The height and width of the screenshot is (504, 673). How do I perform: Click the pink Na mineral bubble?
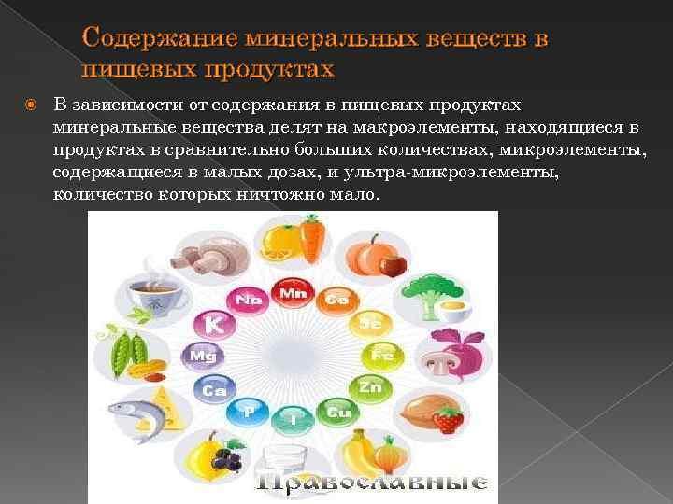(248, 300)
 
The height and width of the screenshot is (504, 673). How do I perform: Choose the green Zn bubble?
(370, 386)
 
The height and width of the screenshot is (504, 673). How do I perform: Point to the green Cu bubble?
(338, 412)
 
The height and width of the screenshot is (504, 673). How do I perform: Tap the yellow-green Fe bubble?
(381, 356)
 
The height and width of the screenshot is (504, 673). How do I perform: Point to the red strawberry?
(448, 420)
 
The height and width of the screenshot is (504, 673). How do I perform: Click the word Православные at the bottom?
(372, 483)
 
